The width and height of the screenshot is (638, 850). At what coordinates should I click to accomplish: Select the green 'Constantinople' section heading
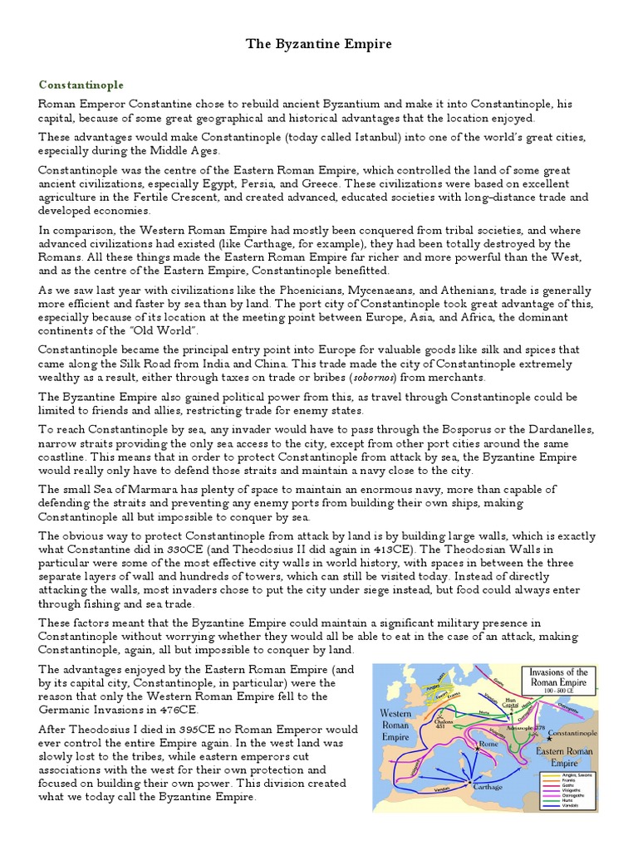tap(81, 85)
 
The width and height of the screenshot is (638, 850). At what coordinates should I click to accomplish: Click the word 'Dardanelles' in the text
tap(557, 430)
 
